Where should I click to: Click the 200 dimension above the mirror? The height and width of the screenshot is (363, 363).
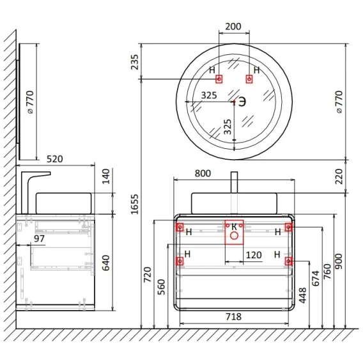(x=233, y=26)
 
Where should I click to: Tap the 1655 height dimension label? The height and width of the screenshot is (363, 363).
(x=134, y=205)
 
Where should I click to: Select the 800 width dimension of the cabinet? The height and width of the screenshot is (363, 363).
(x=203, y=173)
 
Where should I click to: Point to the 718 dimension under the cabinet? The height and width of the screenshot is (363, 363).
(x=234, y=317)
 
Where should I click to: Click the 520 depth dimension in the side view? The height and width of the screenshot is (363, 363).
(x=55, y=159)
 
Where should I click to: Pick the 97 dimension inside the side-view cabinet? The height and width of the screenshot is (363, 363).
(x=39, y=238)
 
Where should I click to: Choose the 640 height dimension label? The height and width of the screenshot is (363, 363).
(x=106, y=263)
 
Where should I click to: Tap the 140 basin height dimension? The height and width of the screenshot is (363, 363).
(x=106, y=176)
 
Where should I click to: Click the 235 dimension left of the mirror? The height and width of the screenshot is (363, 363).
(x=134, y=62)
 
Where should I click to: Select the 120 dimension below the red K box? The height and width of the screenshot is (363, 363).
(x=254, y=255)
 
